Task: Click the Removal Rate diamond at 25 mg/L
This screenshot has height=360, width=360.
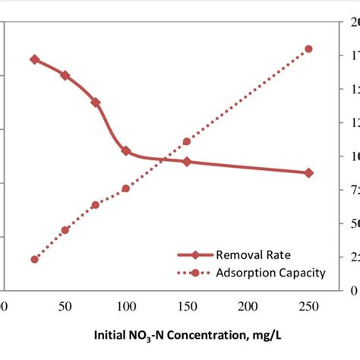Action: [x=34, y=59]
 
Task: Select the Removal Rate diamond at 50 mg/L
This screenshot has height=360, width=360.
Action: [x=65, y=75]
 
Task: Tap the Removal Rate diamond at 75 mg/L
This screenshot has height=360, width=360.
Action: [x=96, y=103]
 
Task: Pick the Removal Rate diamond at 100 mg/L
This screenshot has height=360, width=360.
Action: [x=126, y=151]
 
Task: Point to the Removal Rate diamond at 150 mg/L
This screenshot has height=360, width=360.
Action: [x=187, y=162]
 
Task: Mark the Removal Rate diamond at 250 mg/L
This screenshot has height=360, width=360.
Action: [x=308, y=173]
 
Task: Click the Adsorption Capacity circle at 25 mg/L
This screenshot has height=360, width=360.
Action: [x=34, y=259]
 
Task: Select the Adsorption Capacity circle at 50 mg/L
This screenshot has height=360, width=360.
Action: [x=65, y=230]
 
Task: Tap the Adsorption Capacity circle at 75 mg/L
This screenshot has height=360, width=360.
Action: [x=96, y=205]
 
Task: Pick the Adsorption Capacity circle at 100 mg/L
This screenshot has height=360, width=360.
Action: [x=126, y=188]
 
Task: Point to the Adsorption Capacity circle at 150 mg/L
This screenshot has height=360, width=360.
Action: [x=187, y=141]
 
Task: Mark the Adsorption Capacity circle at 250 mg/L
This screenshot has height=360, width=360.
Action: [x=308, y=49]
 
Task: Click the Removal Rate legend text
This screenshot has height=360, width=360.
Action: [x=253, y=255]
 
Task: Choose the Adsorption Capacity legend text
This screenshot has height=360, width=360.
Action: [x=270, y=273]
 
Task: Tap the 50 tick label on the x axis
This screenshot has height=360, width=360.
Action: [x=65, y=306]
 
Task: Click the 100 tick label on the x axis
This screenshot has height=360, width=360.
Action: [x=126, y=306]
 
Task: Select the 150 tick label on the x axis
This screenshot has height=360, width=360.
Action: [x=187, y=306]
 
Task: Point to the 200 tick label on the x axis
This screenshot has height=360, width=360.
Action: [x=248, y=306]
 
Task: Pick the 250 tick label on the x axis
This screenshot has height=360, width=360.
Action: [x=308, y=306]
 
